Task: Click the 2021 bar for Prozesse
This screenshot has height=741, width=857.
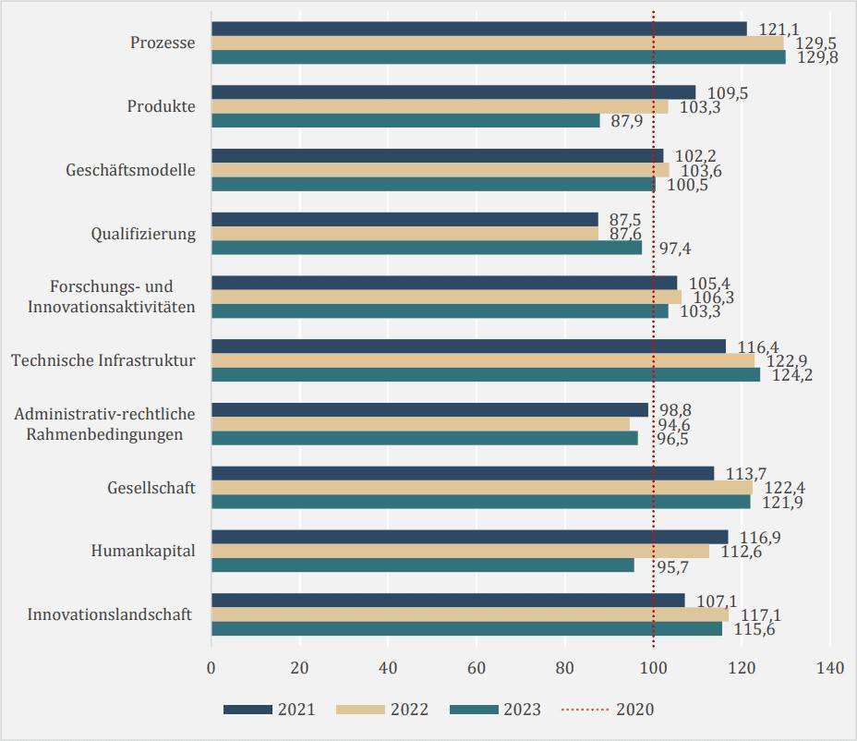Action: click(479, 29)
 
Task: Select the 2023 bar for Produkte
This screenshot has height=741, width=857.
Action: click(406, 120)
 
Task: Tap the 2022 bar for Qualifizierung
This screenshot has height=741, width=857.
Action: click(405, 234)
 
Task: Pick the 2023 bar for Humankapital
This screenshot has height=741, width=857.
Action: click(423, 565)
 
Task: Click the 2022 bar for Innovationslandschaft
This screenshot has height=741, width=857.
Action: click(471, 614)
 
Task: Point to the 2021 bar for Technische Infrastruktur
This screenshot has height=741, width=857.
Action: click(469, 346)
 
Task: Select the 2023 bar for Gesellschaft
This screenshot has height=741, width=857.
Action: click(481, 502)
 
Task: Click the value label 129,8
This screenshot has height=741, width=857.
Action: click(817, 57)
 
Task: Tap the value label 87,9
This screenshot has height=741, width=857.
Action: click(627, 121)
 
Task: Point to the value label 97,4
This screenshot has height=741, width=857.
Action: click(675, 249)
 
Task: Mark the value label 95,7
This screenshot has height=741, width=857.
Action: click(673, 567)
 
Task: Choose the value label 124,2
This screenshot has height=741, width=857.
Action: click(792, 375)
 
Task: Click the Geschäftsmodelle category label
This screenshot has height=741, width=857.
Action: click(130, 170)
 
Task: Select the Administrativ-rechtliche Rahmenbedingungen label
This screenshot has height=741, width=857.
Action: click(104, 424)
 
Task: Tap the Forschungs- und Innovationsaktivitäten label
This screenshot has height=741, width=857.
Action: click(112, 297)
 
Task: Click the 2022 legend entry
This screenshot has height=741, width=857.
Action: click(382, 710)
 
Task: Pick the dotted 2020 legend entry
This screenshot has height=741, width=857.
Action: click(608, 710)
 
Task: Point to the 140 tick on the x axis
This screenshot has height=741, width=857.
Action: click(830, 668)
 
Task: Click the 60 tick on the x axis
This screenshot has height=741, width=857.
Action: click(476, 668)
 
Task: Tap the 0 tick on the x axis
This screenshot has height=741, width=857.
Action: click(211, 668)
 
